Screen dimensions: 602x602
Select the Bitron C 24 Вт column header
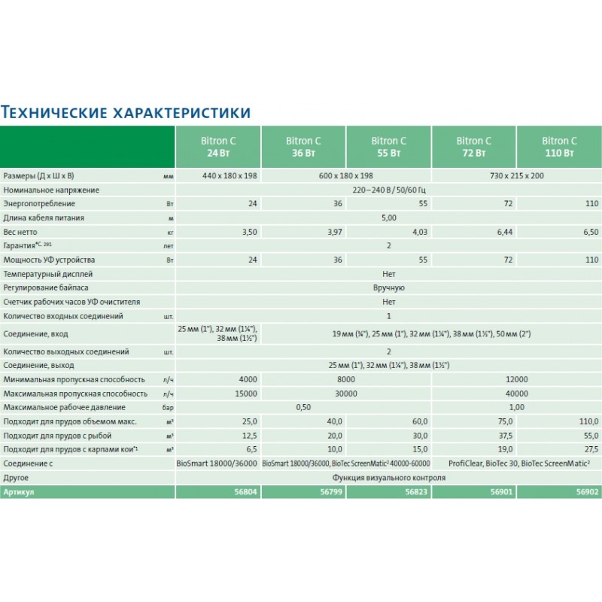[217, 147]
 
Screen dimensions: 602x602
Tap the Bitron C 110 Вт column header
[559, 147]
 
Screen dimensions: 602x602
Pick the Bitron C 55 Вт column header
[388, 147]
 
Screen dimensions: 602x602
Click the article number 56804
[246, 491]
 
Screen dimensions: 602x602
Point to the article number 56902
[588, 491]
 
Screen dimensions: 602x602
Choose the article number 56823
[417, 491]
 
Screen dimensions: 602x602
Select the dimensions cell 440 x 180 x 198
[217, 175]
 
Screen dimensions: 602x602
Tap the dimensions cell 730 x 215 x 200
[516, 175]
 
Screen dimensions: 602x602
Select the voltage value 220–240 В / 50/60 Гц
[388, 190]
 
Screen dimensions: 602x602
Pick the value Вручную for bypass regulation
[388, 288]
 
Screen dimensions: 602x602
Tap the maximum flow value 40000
[516, 394]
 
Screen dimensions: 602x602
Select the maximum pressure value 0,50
[303, 407]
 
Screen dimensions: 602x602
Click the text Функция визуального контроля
[388, 478]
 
